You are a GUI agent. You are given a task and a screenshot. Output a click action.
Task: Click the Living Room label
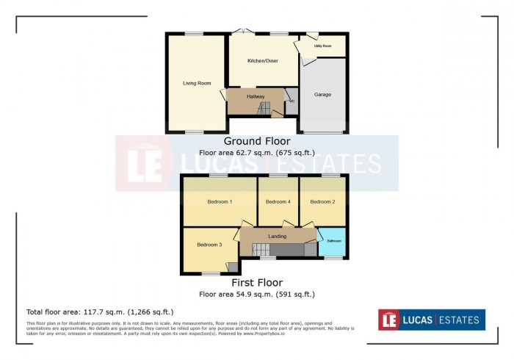tap(195, 83)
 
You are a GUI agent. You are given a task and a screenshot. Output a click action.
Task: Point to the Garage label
tap(322, 95)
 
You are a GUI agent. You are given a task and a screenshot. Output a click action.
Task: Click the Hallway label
tap(256, 96)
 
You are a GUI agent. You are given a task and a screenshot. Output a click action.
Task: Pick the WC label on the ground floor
tap(291, 101)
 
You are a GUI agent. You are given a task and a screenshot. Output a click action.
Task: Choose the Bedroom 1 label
tap(220, 201)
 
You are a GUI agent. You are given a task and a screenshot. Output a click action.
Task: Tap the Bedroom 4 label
tap(278, 201)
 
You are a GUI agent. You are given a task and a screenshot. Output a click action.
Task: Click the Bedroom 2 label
tap(322, 201)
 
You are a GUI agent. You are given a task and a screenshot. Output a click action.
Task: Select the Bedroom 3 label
tap(209, 245)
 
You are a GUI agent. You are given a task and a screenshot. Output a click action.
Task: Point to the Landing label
tap(278, 236)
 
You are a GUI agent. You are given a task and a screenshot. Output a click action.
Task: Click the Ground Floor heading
tap(257, 141)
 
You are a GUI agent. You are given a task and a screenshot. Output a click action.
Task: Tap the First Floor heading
tap(257, 282)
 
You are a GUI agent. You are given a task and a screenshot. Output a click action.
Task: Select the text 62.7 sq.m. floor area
tap(257, 153)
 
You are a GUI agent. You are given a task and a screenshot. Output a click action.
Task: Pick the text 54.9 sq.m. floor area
tap(257, 294)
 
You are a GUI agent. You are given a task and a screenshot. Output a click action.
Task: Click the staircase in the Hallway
tap(264, 109)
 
